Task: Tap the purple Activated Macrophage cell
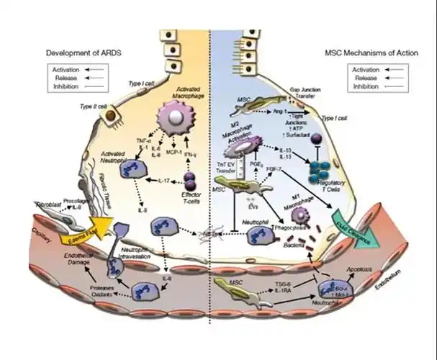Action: [174, 115]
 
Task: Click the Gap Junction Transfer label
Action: [305, 95]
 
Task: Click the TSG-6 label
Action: [278, 287]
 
